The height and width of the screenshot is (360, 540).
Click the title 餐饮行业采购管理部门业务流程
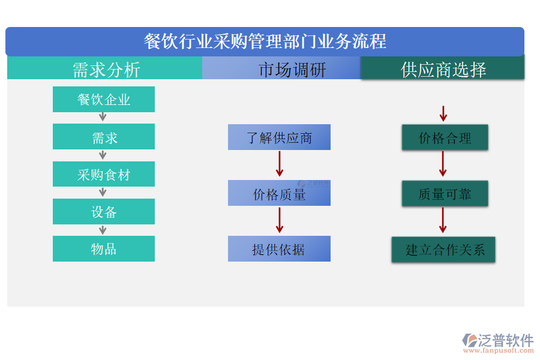coord(265,41)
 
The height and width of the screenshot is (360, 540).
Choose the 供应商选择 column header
coord(443,69)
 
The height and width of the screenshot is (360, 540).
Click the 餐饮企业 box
coord(104,99)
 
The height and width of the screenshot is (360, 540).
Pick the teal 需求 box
coord(104,137)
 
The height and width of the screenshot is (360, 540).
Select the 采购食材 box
coord(104,174)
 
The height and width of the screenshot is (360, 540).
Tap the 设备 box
coord(104,211)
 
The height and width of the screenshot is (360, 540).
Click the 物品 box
coord(104,248)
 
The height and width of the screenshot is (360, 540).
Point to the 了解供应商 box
coord(279,137)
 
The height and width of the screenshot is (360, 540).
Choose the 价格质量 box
coord(279,193)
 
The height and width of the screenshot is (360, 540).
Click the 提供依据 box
coord(279,248)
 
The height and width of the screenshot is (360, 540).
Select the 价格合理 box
coord(445,137)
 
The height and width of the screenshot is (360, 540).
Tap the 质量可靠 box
coord(445,193)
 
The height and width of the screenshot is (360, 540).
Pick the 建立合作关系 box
coord(443,249)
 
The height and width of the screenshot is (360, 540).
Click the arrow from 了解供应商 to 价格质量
coord(280,164)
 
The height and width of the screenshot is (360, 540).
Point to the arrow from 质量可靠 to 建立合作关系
coord(443,220)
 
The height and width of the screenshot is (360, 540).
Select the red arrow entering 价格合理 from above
coord(443,113)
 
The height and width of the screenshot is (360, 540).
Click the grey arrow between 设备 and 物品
coord(103,230)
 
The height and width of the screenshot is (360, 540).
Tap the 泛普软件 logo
coord(497,342)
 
